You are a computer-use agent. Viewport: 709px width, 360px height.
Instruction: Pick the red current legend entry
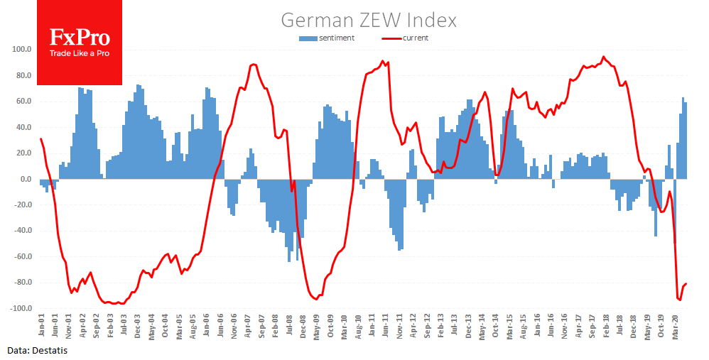click(406, 38)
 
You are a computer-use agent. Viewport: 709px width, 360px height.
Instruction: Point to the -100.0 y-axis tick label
click(21, 309)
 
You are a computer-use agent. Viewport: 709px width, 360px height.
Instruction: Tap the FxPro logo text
click(80, 37)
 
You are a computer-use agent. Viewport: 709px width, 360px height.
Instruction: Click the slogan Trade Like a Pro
click(80, 54)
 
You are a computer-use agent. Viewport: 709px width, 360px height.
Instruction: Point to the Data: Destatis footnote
click(38, 351)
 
